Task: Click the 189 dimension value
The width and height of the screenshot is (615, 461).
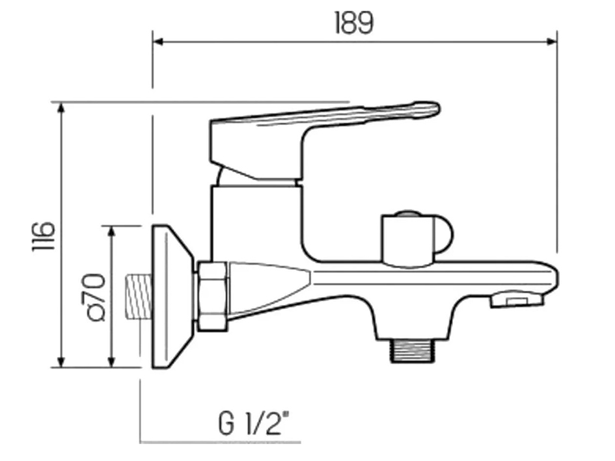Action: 354,23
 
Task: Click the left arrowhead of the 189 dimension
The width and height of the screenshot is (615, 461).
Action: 157,42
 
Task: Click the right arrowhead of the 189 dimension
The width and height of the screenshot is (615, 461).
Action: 553,42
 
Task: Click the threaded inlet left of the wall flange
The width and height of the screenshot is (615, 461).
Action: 136,296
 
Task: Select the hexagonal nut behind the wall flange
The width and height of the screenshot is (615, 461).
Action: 213,296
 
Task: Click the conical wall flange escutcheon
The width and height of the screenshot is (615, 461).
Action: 171,296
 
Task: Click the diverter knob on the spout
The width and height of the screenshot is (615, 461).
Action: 417,238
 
